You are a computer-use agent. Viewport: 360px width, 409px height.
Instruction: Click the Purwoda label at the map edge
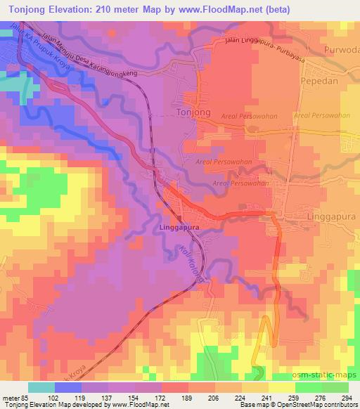click(342, 50)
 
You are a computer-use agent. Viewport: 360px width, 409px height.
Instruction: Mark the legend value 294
click(345, 396)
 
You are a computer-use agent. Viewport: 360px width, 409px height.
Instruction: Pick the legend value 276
click(320, 396)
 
